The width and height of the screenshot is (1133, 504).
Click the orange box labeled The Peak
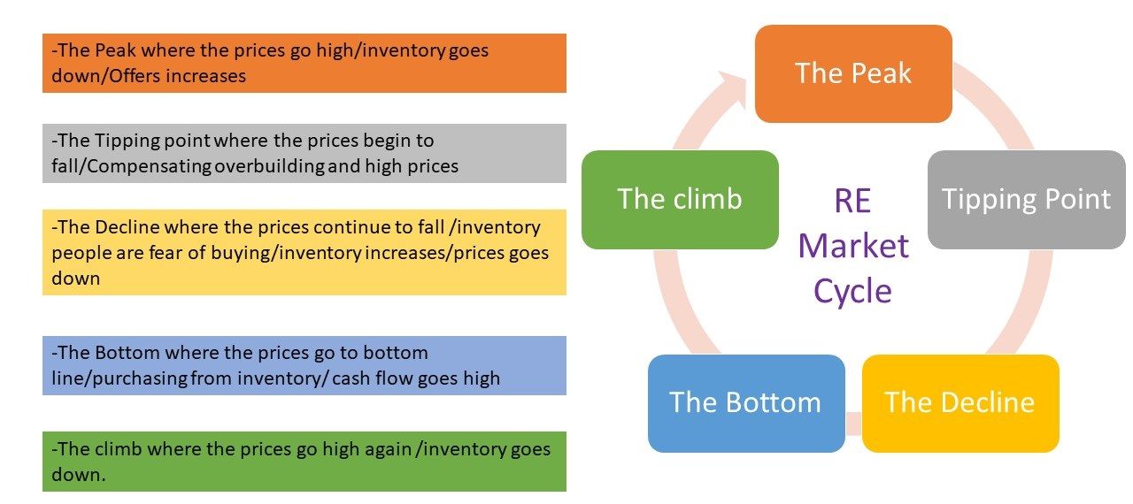tap(853, 73)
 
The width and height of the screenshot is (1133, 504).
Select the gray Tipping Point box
tap(1026, 200)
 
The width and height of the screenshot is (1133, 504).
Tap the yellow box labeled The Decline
tap(960, 403)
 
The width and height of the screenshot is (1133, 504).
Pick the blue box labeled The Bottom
tap(746, 403)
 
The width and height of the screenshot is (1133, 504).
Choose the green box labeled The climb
tap(680, 200)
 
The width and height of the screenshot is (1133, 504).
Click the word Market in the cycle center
tap(853, 246)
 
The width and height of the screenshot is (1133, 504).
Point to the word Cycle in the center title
tap(852, 292)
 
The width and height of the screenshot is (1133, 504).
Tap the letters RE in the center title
tap(852, 201)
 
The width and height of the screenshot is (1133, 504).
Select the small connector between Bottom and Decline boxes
tap(854, 424)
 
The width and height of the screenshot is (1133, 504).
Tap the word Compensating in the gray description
tap(150, 166)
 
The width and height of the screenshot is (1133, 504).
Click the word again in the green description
tap(388, 450)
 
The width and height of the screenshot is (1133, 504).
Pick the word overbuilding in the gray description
tap(270, 166)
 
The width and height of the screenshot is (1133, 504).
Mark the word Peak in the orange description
tap(115, 50)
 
